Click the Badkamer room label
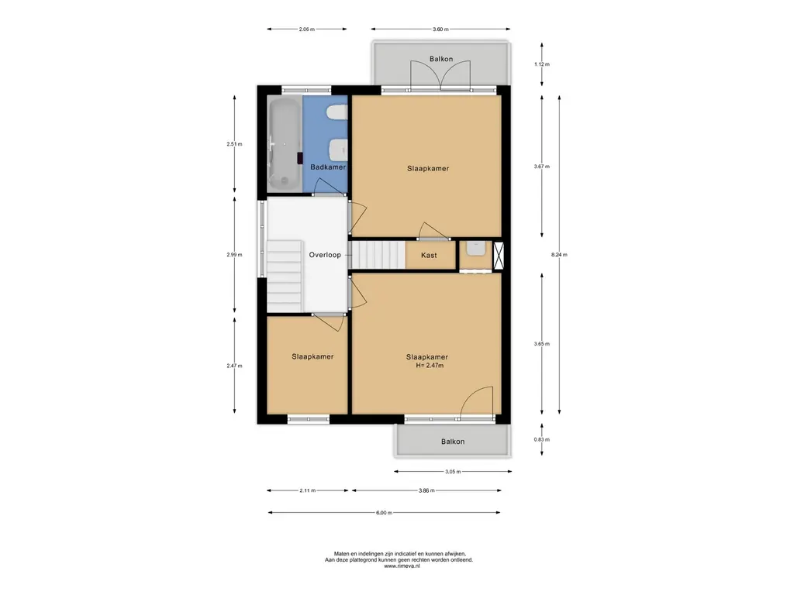(x=328, y=167)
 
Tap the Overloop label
(x=325, y=255)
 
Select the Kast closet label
(x=429, y=256)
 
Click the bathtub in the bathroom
(x=284, y=144)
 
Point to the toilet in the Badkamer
(x=337, y=113)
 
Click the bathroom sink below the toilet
(x=338, y=149)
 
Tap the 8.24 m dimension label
(x=559, y=255)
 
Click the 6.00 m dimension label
(x=384, y=513)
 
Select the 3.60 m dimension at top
(x=440, y=29)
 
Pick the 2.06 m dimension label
(x=306, y=29)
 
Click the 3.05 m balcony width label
(x=453, y=472)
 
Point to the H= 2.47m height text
(x=430, y=366)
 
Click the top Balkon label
(x=441, y=59)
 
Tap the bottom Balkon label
(x=453, y=442)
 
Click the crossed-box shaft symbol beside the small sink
(x=499, y=255)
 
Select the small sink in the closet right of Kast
(x=476, y=249)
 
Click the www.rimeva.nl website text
(x=402, y=566)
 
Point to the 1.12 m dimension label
(x=542, y=64)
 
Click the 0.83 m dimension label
(x=542, y=440)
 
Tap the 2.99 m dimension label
(x=234, y=255)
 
